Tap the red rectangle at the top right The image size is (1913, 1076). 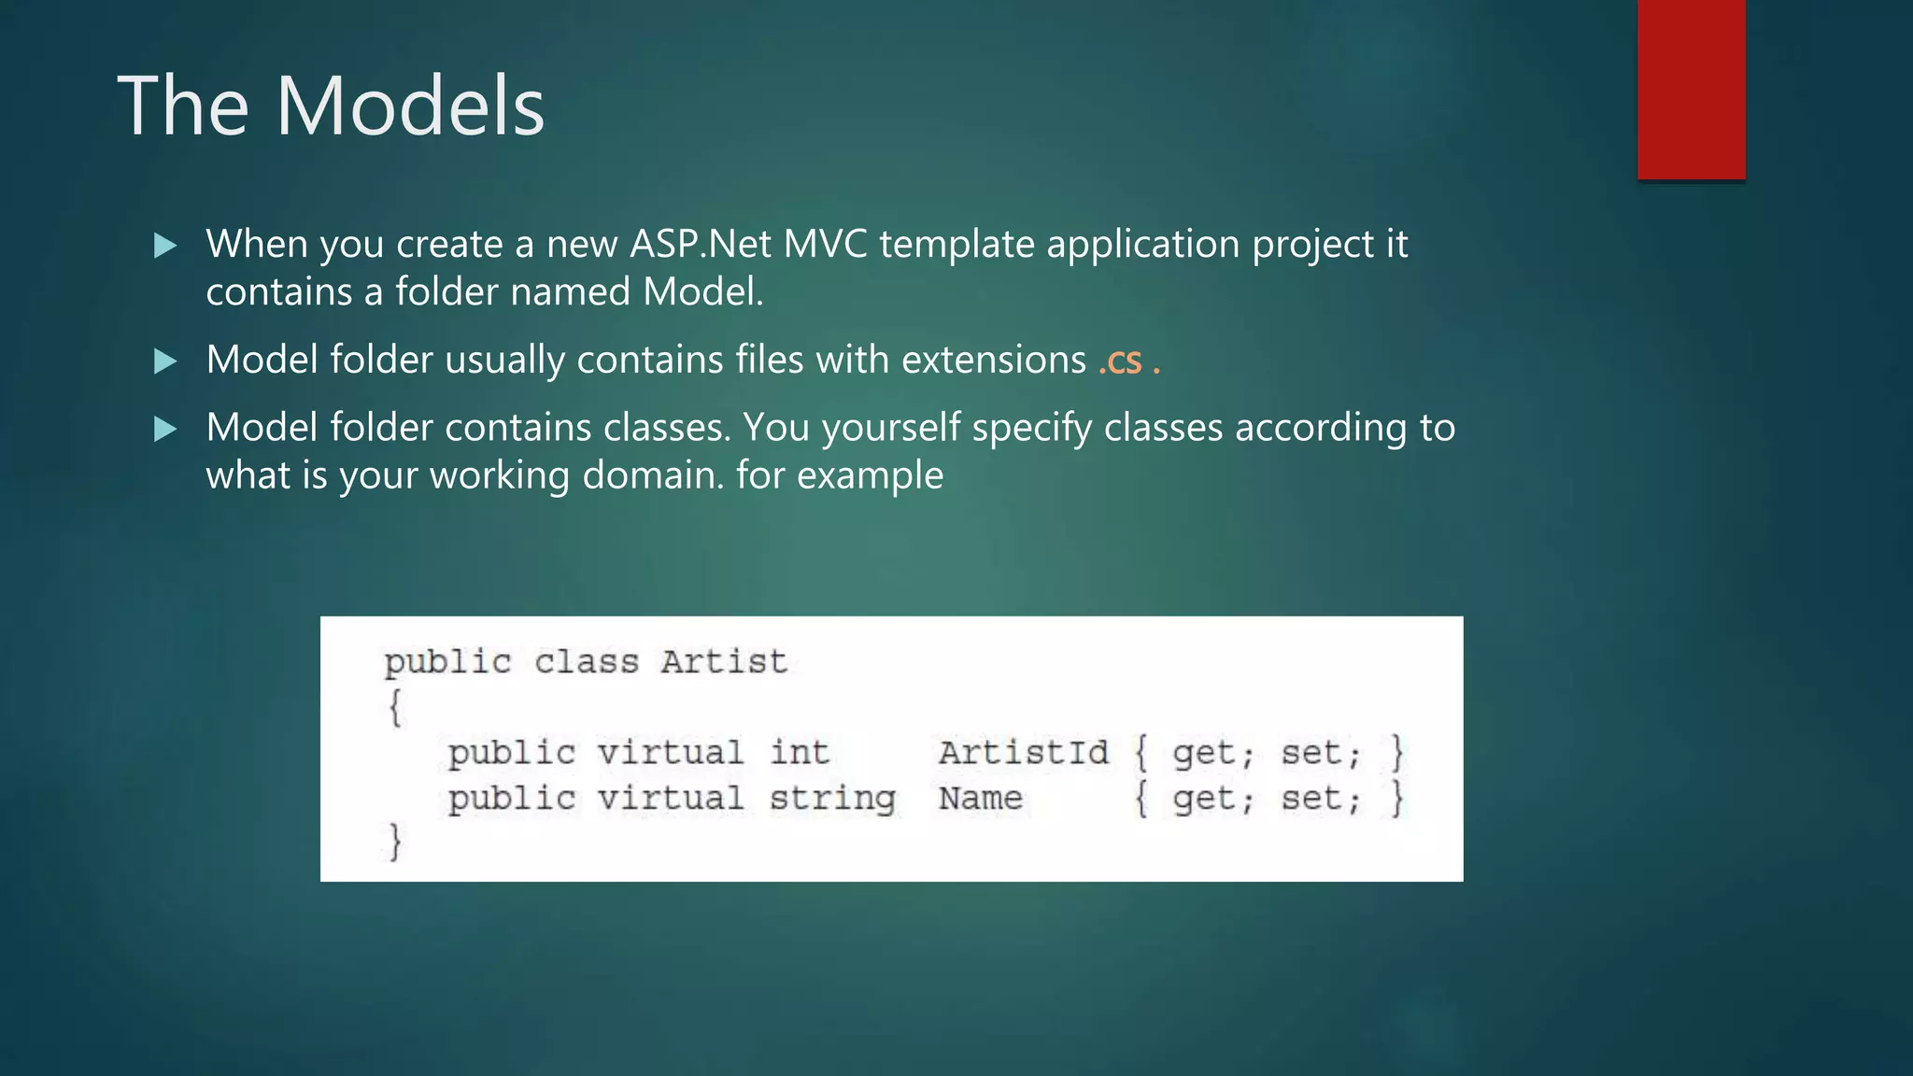coord(1691,90)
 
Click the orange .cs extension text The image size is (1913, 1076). coord(1120,361)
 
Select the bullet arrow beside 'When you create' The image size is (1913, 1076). coord(165,246)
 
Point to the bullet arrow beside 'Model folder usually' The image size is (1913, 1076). coord(165,361)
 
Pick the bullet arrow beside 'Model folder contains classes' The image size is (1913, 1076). coord(165,430)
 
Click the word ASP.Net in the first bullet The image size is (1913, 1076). coord(701,245)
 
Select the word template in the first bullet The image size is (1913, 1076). coord(956,245)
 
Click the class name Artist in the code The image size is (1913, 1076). coord(724,662)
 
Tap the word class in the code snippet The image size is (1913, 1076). coord(587,662)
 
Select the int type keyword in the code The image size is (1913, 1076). coord(800,753)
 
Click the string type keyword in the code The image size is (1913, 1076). coord(832,800)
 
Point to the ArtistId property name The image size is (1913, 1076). coord(1024,753)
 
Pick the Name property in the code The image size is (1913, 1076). coord(981,799)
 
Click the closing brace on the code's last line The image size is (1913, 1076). coord(396,842)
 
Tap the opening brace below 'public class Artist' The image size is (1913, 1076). coord(396,707)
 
